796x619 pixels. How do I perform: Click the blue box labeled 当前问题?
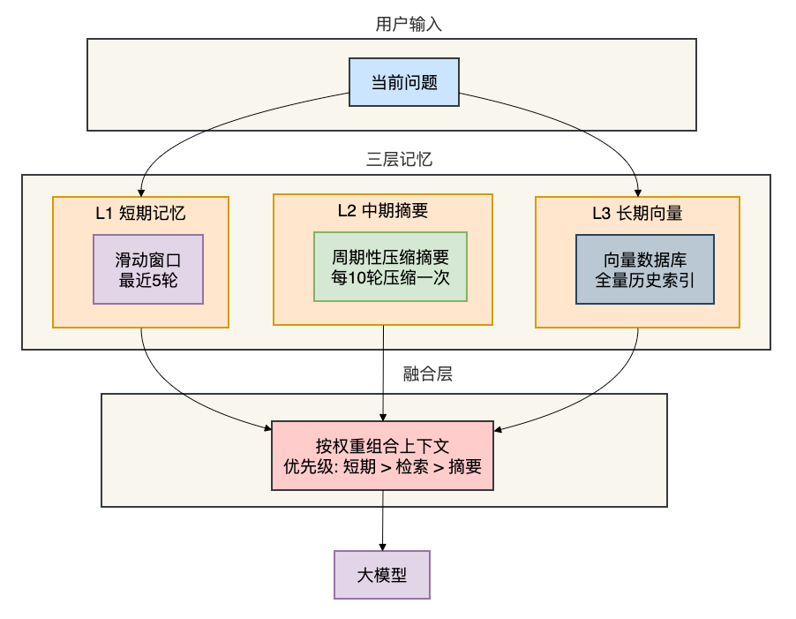click(404, 82)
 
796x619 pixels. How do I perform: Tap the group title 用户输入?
click(409, 24)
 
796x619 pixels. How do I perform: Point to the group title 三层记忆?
click(399, 160)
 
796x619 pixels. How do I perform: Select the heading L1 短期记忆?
click(140, 214)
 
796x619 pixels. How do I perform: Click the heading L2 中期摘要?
click(383, 210)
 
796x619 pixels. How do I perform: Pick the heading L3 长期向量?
click(638, 214)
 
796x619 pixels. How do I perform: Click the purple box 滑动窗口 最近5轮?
click(148, 269)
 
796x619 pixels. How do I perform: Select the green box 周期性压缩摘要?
click(390, 267)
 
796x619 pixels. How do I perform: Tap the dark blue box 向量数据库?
click(645, 269)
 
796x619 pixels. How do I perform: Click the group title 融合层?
click(427, 374)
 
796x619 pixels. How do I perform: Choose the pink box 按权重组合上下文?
click(383, 456)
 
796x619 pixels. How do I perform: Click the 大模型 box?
click(382, 575)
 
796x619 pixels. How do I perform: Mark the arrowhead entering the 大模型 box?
click(382, 547)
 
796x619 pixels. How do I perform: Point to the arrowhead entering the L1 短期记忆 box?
click(141, 193)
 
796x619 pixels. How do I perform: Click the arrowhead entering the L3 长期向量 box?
click(638, 193)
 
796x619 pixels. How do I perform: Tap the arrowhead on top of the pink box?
click(383, 418)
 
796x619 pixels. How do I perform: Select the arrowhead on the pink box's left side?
click(268, 428)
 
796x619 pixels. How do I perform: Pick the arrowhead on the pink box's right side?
click(498, 430)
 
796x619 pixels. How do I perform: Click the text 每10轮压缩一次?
click(390, 278)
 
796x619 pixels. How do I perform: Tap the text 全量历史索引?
click(645, 280)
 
